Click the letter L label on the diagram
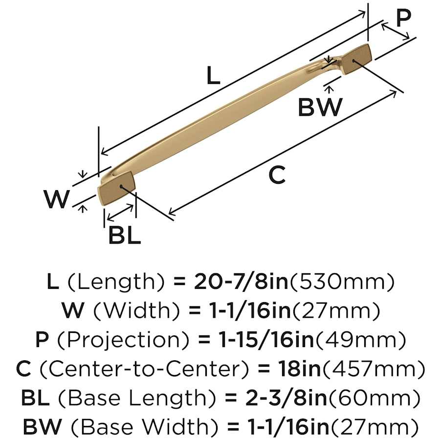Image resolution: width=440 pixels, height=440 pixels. point(213,75)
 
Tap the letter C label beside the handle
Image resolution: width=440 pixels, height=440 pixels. point(277,175)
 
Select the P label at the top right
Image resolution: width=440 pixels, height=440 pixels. point(403,18)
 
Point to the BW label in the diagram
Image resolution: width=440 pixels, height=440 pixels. point(320,107)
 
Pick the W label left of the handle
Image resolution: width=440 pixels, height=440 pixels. point(57,199)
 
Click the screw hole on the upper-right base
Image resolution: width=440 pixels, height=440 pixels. point(353,60)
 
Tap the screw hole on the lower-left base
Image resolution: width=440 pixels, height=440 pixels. point(121,186)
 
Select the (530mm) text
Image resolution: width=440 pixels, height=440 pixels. point(342,282)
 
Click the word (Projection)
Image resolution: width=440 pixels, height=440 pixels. point(123,340)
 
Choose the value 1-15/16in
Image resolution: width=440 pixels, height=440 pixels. point(266,339)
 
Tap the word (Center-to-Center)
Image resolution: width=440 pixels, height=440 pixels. point(144,369)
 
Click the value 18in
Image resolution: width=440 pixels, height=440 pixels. point(299,369)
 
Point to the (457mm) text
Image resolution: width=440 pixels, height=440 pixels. point(374,369)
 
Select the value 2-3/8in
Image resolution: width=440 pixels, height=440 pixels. point(286,397)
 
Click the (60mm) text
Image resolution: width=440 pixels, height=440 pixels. point(374,398)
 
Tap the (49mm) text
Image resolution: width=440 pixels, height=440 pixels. point(360,340)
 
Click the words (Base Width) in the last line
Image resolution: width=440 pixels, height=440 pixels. point(144,426)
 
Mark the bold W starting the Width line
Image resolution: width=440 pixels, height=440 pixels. point(72,310)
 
